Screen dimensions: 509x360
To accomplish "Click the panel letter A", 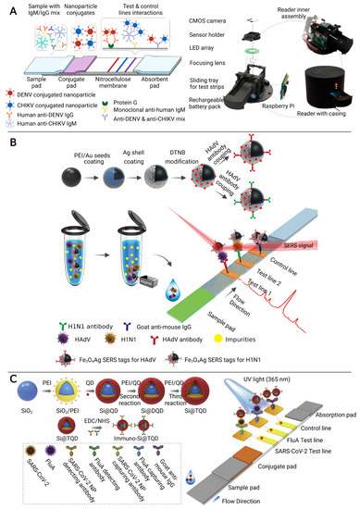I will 7,6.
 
